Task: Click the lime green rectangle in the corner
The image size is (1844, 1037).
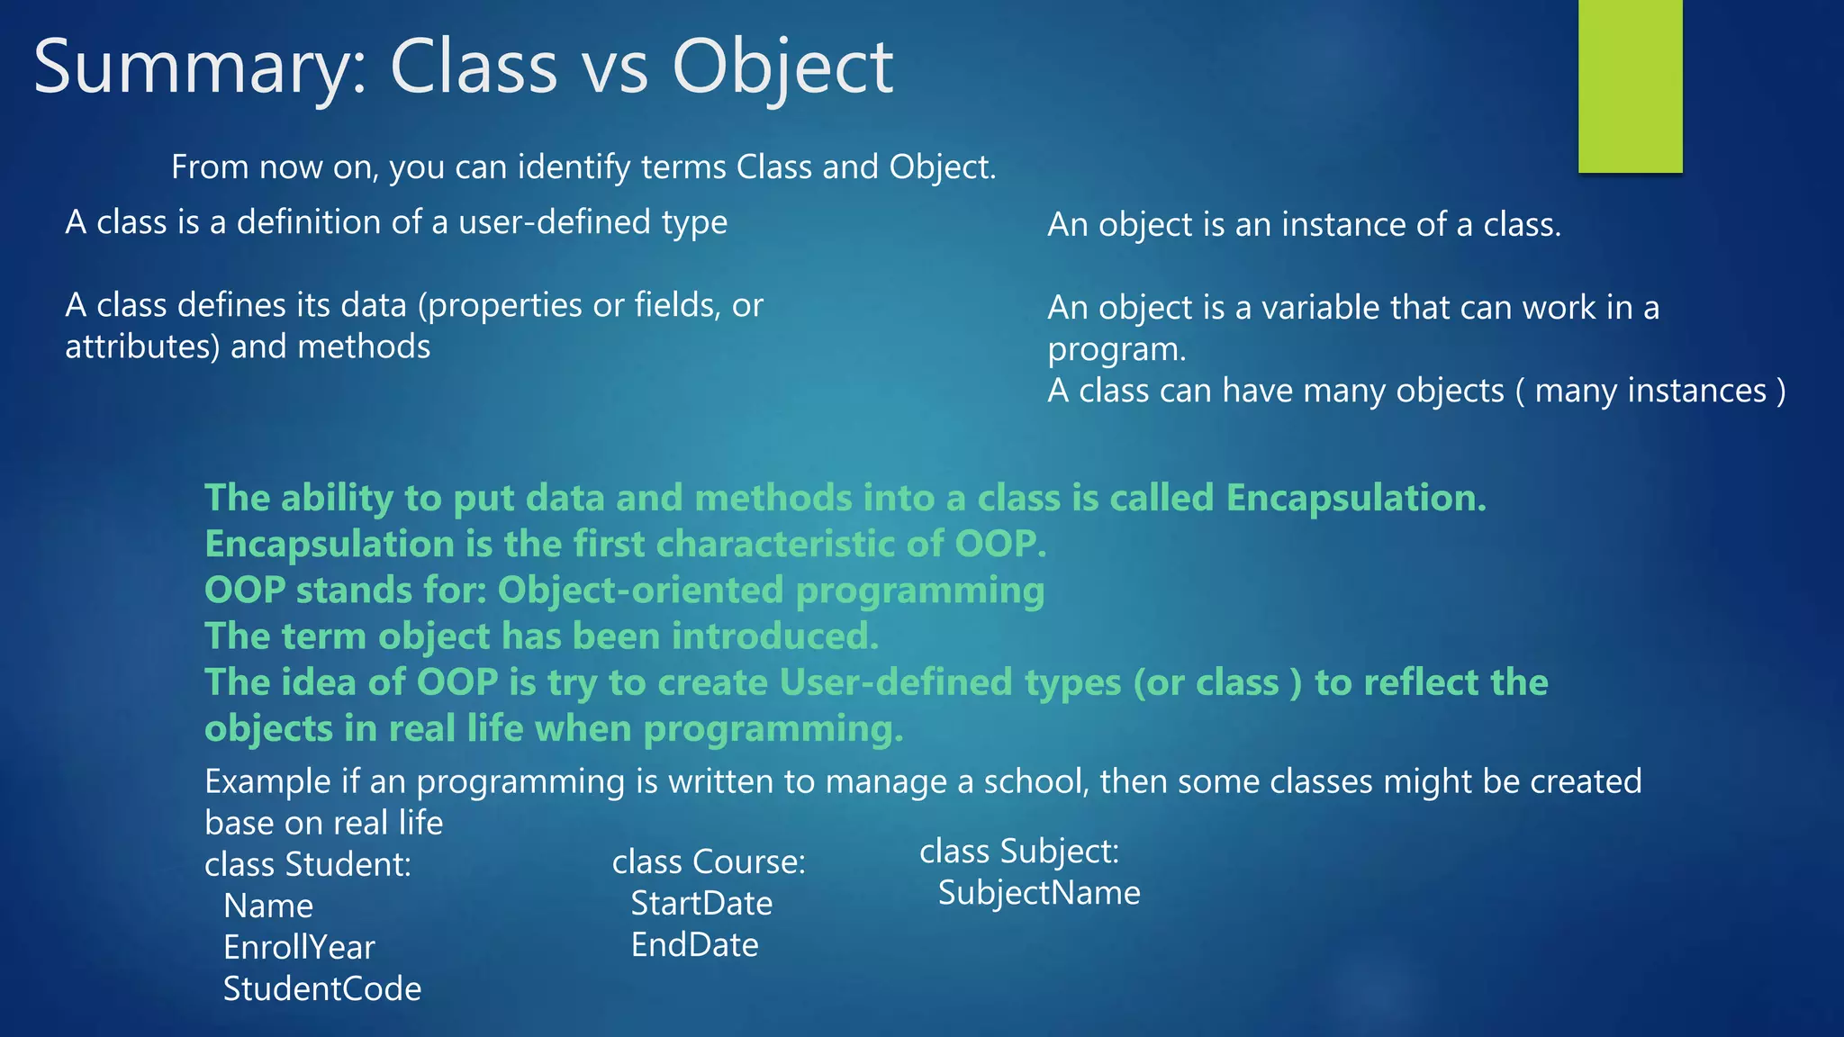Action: coord(1630,86)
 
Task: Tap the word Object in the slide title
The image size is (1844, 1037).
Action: coord(782,68)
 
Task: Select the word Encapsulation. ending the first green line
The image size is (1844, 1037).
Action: coord(1355,498)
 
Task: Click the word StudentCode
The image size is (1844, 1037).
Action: coord(322,988)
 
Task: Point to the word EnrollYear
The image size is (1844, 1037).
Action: coord(299,947)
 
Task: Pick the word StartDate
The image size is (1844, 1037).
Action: coord(701,903)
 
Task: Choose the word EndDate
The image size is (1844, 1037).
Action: coord(694,944)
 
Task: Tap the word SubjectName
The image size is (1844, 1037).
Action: coord(1039,892)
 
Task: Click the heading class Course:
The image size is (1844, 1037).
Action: coord(709,861)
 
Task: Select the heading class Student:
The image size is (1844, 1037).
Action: coord(308,864)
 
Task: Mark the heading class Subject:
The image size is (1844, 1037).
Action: coord(1018,851)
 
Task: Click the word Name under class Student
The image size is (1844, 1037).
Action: coord(268,906)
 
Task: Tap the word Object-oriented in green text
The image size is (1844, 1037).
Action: coord(640,591)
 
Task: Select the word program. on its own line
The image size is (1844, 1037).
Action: coord(1116,349)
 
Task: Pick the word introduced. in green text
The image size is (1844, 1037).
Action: coord(774,636)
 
